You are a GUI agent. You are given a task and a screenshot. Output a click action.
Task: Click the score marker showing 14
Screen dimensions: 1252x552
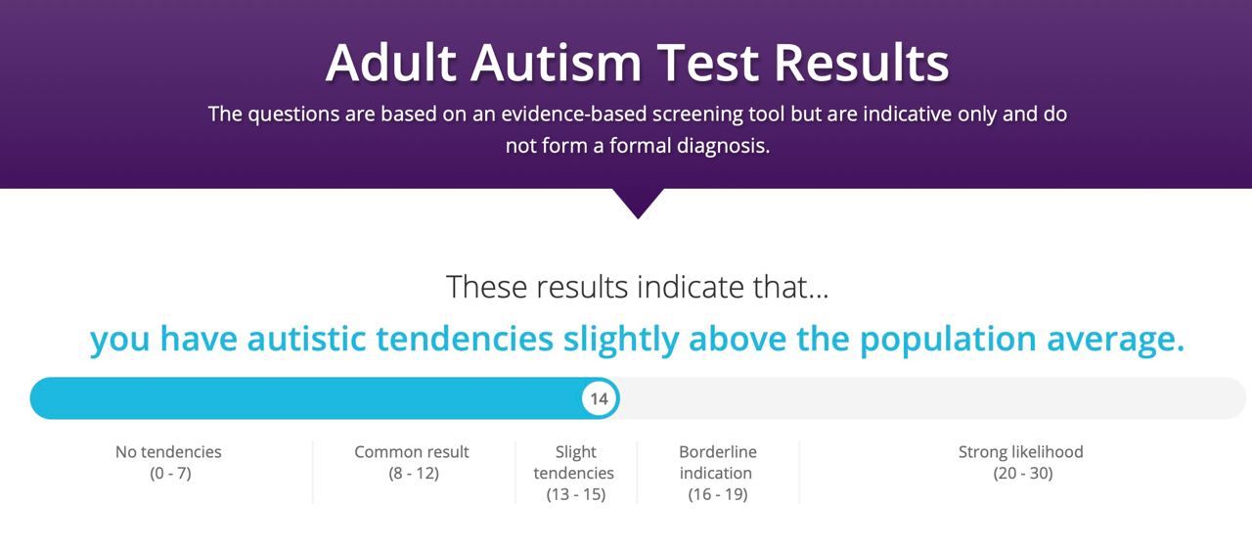599,398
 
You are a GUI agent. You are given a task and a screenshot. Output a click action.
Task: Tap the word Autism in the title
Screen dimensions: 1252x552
557,63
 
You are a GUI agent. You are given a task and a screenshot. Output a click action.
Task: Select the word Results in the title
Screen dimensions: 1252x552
862,63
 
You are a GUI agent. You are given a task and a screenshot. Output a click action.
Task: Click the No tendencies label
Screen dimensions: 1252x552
168,452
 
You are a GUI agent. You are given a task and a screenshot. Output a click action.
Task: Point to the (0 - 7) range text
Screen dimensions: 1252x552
170,474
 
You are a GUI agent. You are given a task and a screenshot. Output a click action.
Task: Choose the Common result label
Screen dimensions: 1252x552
412,452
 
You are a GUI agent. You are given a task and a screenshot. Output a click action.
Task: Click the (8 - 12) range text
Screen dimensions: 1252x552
414,474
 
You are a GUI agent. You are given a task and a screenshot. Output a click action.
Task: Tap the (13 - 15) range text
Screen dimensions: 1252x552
576,495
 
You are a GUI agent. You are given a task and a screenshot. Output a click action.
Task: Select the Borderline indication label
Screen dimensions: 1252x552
718,463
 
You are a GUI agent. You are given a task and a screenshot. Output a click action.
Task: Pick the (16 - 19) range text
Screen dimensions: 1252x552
718,495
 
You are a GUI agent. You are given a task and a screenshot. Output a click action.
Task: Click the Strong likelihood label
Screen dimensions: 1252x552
1020,452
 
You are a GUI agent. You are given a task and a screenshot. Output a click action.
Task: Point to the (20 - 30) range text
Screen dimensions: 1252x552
1023,474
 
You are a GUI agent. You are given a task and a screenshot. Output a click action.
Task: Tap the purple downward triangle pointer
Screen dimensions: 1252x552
638,201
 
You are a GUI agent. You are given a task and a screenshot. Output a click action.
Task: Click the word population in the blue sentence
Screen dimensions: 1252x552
948,340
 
